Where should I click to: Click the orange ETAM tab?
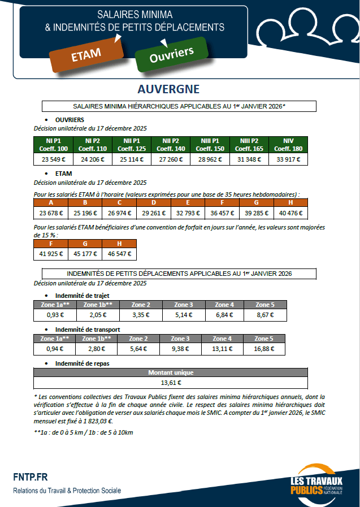[x=86, y=54]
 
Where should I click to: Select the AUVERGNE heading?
[x=168, y=89]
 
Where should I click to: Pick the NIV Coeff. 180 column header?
[x=288, y=145]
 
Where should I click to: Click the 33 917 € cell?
[x=288, y=159]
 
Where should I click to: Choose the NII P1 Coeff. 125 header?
[x=131, y=145]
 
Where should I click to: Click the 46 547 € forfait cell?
[x=119, y=254]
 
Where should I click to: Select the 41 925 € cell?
[x=51, y=254]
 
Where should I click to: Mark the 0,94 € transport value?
[x=54, y=349]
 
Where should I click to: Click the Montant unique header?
[x=171, y=372]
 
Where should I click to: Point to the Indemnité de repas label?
[x=83, y=363]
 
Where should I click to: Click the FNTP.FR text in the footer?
[x=32, y=477]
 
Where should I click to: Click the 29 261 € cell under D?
[x=154, y=214]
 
